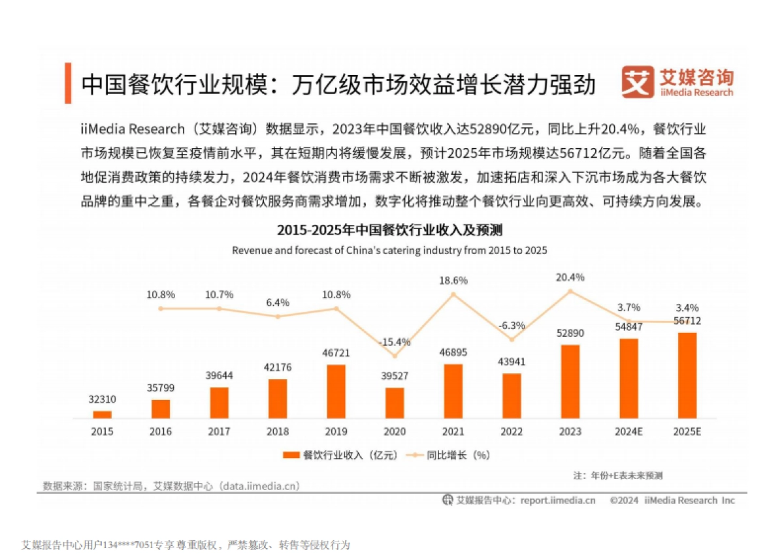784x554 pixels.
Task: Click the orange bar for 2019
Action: point(336,391)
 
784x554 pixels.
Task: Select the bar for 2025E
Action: point(687,375)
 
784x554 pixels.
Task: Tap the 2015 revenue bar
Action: point(102,414)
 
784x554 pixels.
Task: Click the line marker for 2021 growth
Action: point(453,294)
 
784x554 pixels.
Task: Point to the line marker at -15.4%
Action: point(395,356)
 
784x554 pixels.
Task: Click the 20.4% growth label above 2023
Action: point(570,277)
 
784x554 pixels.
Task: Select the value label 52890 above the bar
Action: point(570,333)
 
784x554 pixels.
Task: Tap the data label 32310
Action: point(102,399)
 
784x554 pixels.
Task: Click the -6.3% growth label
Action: point(512,325)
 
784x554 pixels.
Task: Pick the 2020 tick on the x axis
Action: point(395,432)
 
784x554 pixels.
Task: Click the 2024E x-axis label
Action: point(629,432)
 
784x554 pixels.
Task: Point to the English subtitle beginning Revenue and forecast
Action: point(389,250)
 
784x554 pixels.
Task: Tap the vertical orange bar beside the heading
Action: point(68,84)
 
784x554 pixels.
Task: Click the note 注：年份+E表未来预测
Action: point(618,474)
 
